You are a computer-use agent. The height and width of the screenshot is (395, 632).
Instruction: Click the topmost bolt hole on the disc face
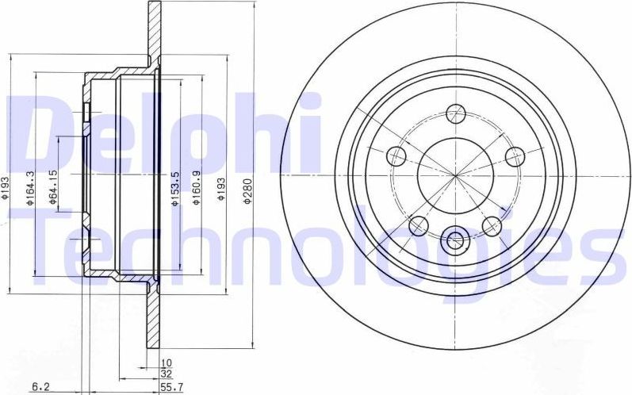coord(455,113)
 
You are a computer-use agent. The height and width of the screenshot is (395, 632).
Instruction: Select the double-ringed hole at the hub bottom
coord(455,237)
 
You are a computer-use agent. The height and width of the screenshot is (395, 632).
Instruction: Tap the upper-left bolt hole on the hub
coord(396,156)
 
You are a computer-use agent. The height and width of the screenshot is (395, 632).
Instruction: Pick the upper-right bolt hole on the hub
coord(515,156)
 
